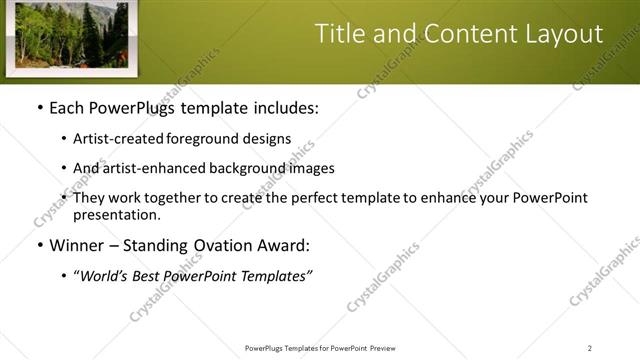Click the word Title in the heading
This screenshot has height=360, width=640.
point(339,34)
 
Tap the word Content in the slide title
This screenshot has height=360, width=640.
point(463,34)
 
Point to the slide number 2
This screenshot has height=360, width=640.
point(590,348)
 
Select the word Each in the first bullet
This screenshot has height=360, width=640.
point(67,107)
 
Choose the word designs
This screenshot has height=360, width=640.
point(269,139)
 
